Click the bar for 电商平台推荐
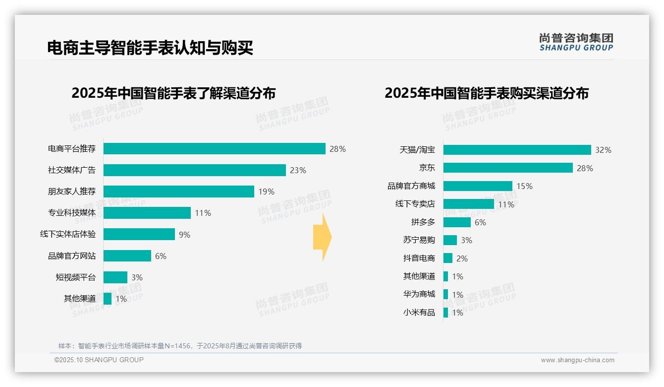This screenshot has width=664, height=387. tap(214, 149)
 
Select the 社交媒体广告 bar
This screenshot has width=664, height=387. tap(194, 170)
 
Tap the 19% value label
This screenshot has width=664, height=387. tap(266, 192)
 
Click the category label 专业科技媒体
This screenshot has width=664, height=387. tap(72, 213)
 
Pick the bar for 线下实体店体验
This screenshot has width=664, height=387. tap(139, 234)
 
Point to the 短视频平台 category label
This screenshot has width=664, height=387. tap(75, 277)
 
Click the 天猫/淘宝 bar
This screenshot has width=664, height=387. tap(517, 150)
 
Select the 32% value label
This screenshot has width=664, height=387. tap(604, 150)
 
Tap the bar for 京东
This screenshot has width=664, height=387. tap(508, 168)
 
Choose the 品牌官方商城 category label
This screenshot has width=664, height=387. tap(411, 186)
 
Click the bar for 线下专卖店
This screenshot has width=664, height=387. tap(468, 204)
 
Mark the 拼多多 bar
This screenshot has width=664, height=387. tap(457, 222)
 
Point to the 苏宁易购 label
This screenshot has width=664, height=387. tap(419, 240)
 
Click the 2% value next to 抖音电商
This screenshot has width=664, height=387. tap(462, 258)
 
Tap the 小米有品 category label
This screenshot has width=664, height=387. tap(419, 313)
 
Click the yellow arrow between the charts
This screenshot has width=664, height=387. tap(322, 237)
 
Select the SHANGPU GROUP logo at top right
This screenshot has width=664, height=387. tap(576, 42)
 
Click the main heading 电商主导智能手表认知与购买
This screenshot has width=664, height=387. tap(150, 48)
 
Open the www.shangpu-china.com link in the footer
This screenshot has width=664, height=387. tap(577, 360)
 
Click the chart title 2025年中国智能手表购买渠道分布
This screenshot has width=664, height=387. tap(486, 93)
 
